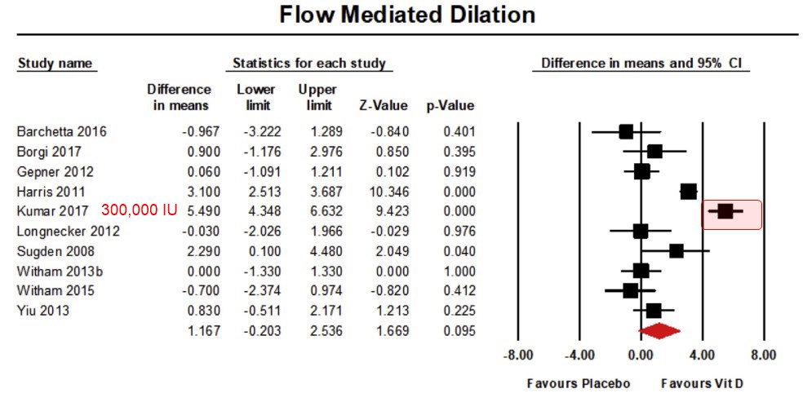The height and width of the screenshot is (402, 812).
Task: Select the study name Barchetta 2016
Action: (x=61, y=131)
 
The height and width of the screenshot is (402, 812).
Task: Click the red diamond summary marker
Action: (x=659, y=330)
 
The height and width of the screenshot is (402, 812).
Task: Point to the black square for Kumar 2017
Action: (x=725, y=211)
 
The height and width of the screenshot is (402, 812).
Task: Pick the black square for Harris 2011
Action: (x=689, y=192)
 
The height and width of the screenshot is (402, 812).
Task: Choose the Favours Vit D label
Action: (x=701, y=382)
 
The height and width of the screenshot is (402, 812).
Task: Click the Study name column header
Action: (x=55, y=64)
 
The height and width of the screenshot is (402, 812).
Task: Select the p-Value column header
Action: (x=450, y=106)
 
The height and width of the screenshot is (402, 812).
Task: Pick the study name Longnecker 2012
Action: (x=69, y=231)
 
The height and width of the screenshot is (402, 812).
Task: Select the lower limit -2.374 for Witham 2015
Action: (x=260, y=291)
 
